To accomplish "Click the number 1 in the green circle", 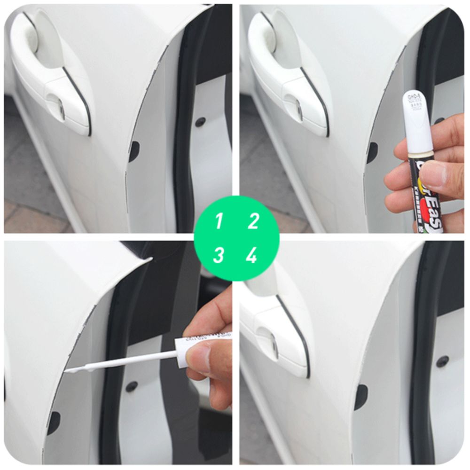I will point(219,221).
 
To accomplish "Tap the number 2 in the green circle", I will point(253,221).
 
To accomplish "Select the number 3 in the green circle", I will point(219,256).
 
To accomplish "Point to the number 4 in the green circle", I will point(252,256).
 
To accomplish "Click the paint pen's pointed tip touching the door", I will point(69,371).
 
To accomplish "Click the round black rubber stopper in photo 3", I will point(132,386).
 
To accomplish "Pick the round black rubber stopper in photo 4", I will point(441,361).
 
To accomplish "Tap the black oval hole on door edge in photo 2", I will point(372,152).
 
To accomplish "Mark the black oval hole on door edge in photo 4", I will point(360,397).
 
